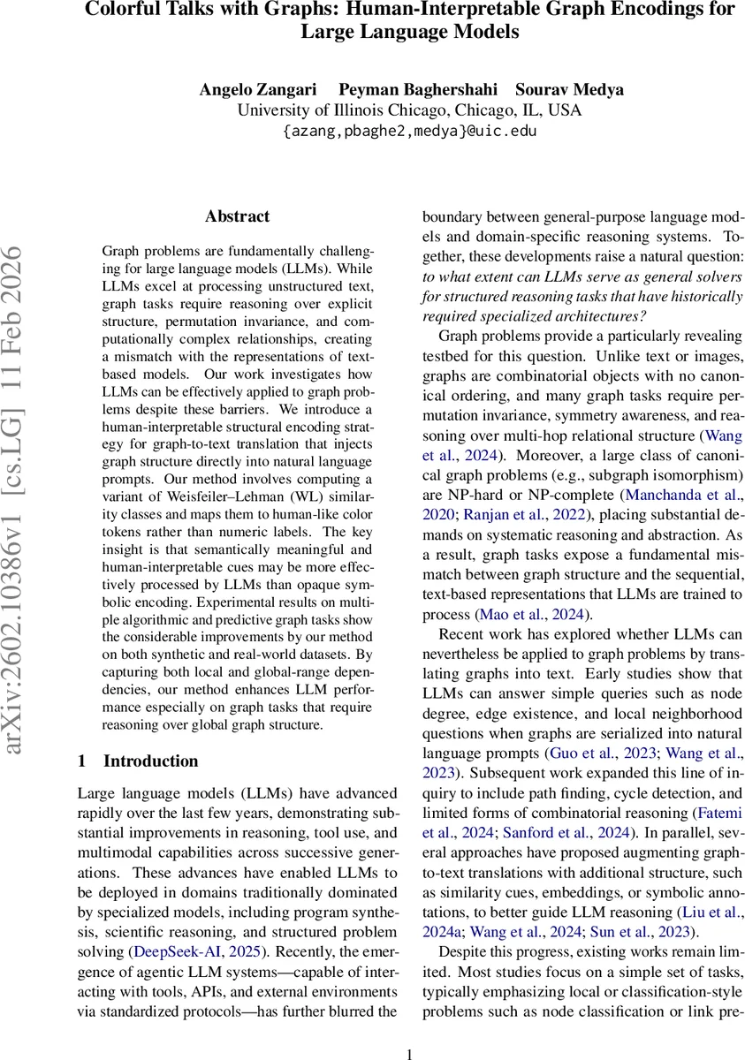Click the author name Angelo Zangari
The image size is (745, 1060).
click(x=253, y=90)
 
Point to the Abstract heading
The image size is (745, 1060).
click(x=237, y=216)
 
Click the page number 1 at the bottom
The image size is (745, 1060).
click(x=409, y=1052)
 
